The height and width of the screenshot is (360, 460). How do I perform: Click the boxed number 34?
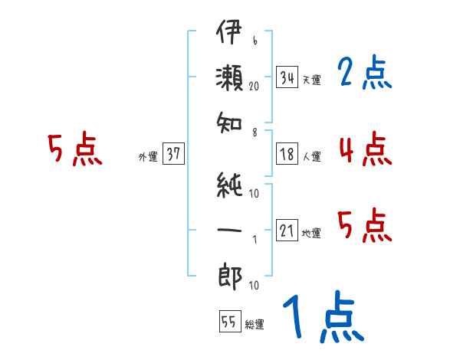(287, 77)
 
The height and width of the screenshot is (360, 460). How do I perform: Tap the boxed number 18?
(287, 155)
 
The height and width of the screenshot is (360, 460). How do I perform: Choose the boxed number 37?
(173, 154)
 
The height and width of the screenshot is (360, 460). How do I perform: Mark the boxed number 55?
(228, 322)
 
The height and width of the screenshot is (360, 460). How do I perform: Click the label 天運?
(311, 80)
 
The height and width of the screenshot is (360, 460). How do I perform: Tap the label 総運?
(254, 324)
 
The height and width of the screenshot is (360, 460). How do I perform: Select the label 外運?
(148, 156)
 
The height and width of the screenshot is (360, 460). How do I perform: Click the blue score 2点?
(364, 74)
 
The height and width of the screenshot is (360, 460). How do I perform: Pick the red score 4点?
(364, 149)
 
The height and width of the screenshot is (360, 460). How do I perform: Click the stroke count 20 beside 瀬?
(255, 87)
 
